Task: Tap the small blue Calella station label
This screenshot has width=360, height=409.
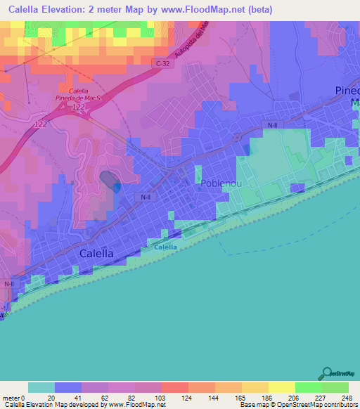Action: (x=165, y=247)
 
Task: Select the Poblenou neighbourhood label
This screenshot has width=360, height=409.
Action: (x=222, y=183)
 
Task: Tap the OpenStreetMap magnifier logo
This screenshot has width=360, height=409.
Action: (x=326, y=372)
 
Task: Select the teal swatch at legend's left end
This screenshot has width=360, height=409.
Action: (x=41, y=387)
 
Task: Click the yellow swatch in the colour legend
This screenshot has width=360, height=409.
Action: (x=281, y=387)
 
